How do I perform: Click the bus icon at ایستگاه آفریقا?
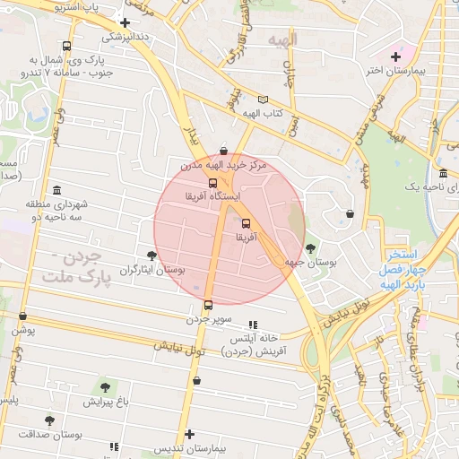212,183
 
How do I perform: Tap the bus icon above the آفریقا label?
246,224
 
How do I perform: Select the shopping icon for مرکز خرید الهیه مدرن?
222,151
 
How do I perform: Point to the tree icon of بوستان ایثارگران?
151,255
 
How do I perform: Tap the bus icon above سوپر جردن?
208,305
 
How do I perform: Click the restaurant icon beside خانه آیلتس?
253,325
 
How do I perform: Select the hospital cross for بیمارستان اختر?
395,56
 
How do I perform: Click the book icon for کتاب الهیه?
262,100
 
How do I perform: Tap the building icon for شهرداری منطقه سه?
56,191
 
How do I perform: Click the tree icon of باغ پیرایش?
105,387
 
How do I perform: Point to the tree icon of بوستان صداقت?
48,420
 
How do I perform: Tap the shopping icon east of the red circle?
350,213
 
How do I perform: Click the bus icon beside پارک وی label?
66,47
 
